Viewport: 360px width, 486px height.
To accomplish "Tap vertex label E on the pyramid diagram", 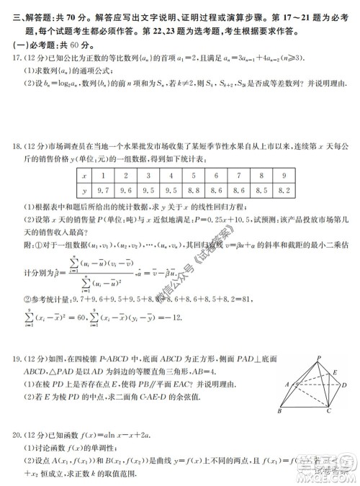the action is pos(336,372).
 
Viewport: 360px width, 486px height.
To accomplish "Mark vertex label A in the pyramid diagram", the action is pos(287,384).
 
